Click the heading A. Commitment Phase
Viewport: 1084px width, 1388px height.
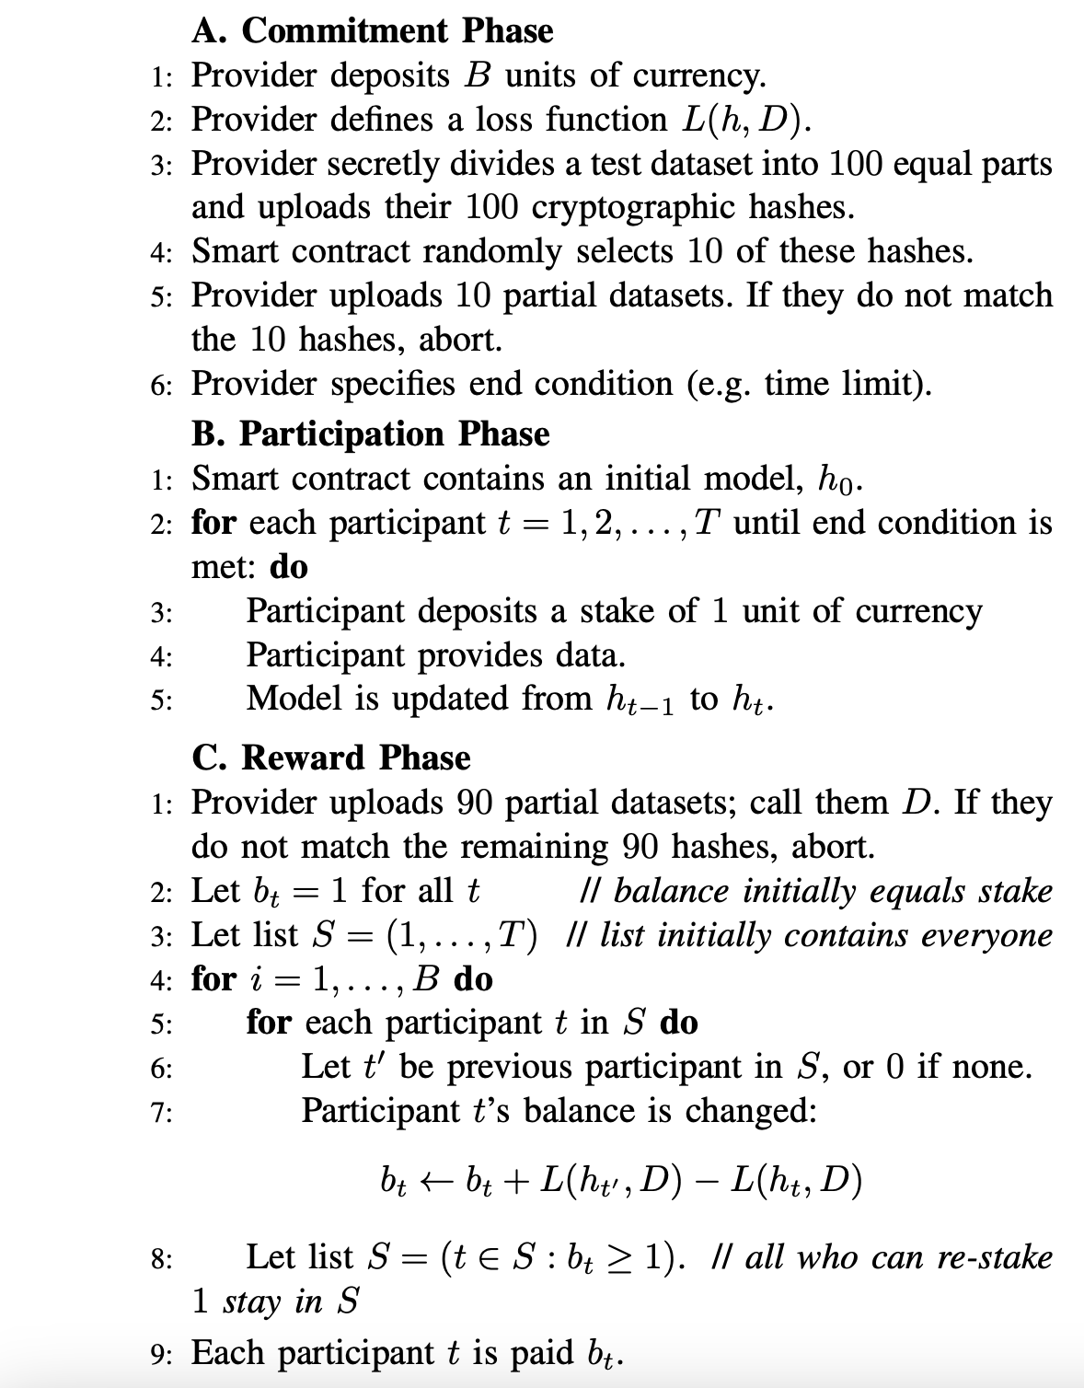coord(373,31)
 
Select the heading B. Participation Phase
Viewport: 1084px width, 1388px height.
coord(371,434)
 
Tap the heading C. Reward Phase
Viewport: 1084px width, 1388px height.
coord(331,758)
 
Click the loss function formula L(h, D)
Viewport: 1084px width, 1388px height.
coord(746,120)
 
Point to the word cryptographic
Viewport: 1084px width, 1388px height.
coord(635,207)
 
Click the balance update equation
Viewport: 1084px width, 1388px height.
coord(621,1180)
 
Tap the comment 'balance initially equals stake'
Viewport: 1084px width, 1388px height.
coord(833,891)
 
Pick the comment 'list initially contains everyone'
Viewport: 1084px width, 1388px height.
coord(825,935)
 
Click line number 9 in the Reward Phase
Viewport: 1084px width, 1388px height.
coord(158,1354)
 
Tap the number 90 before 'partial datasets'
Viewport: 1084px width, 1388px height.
coord(477,803)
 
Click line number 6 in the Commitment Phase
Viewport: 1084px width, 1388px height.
coord(159,386)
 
